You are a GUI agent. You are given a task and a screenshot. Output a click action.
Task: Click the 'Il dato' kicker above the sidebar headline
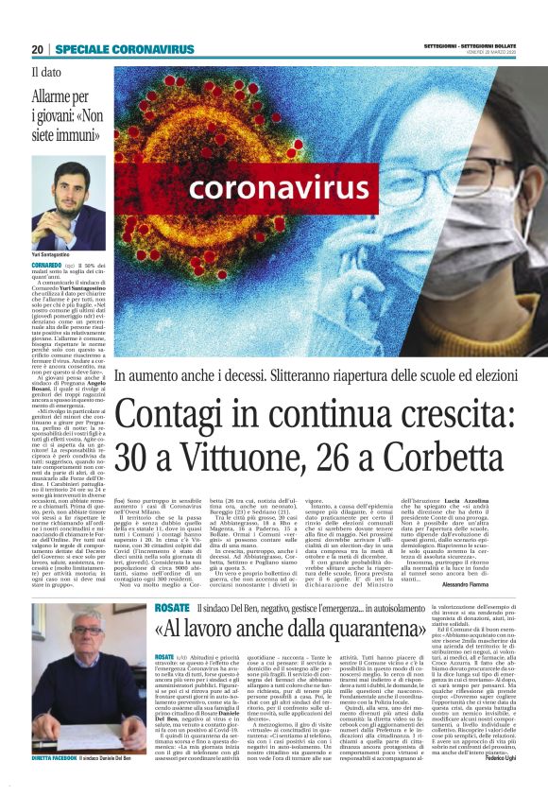click(x=47, y=71)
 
